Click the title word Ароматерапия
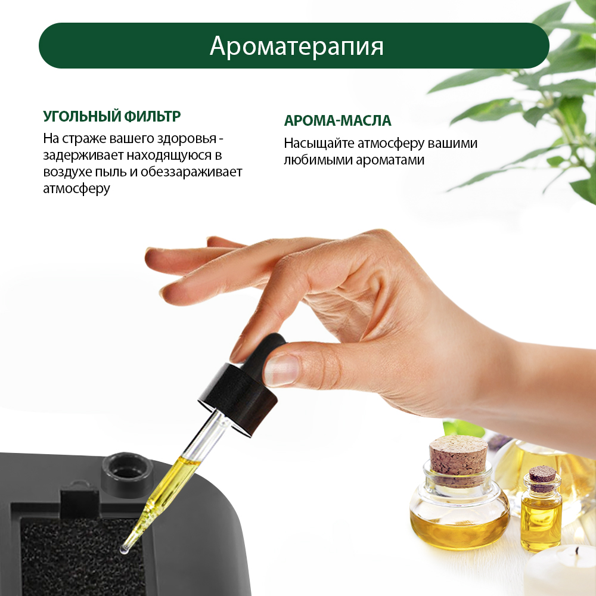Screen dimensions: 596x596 (x=296, y=46)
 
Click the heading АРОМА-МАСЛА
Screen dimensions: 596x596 (x=337, y=121)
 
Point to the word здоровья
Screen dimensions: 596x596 (x=187, y=139)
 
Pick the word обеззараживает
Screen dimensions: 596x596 (x=191, y=172)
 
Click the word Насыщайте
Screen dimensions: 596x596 (x=318, y=144)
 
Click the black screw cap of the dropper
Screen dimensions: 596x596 (x=238, y=397)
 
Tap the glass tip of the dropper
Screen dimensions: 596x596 (x=125, y=550)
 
